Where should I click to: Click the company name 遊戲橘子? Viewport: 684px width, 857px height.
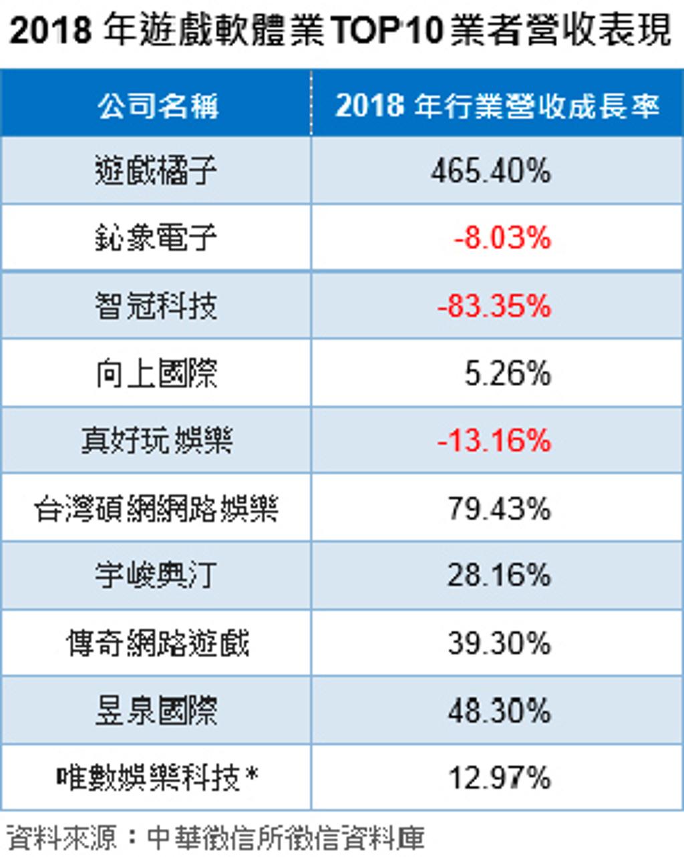tap(156, 170)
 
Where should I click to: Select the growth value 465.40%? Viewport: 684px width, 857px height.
tap(490, 171)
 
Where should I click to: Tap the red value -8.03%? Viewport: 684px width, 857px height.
tap(502, 238)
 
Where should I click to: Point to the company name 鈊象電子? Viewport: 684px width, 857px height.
tap(156, 237)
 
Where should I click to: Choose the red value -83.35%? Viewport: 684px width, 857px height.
tap(494, 305)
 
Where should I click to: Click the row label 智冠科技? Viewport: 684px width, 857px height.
tap(156, 305)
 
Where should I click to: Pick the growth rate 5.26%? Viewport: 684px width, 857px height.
tap(508, 373)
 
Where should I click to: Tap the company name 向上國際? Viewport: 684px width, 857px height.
tap(156, 373)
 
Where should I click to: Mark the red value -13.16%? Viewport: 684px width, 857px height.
tap(494, 441)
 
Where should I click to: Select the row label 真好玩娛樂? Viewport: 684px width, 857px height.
tap(156, 440)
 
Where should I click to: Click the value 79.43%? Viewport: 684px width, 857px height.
tap(499, 508)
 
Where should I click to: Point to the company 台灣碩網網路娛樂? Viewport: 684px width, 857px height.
tap(156, 508)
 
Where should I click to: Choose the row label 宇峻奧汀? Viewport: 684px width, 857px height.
tap(156, 575)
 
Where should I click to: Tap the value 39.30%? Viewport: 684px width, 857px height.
tap(499, 643)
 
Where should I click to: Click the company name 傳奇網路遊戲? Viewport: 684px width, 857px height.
tap(158, 643)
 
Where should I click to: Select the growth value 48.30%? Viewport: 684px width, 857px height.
tap(499, 711)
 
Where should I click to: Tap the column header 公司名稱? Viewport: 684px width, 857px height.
tap(158, 106)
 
